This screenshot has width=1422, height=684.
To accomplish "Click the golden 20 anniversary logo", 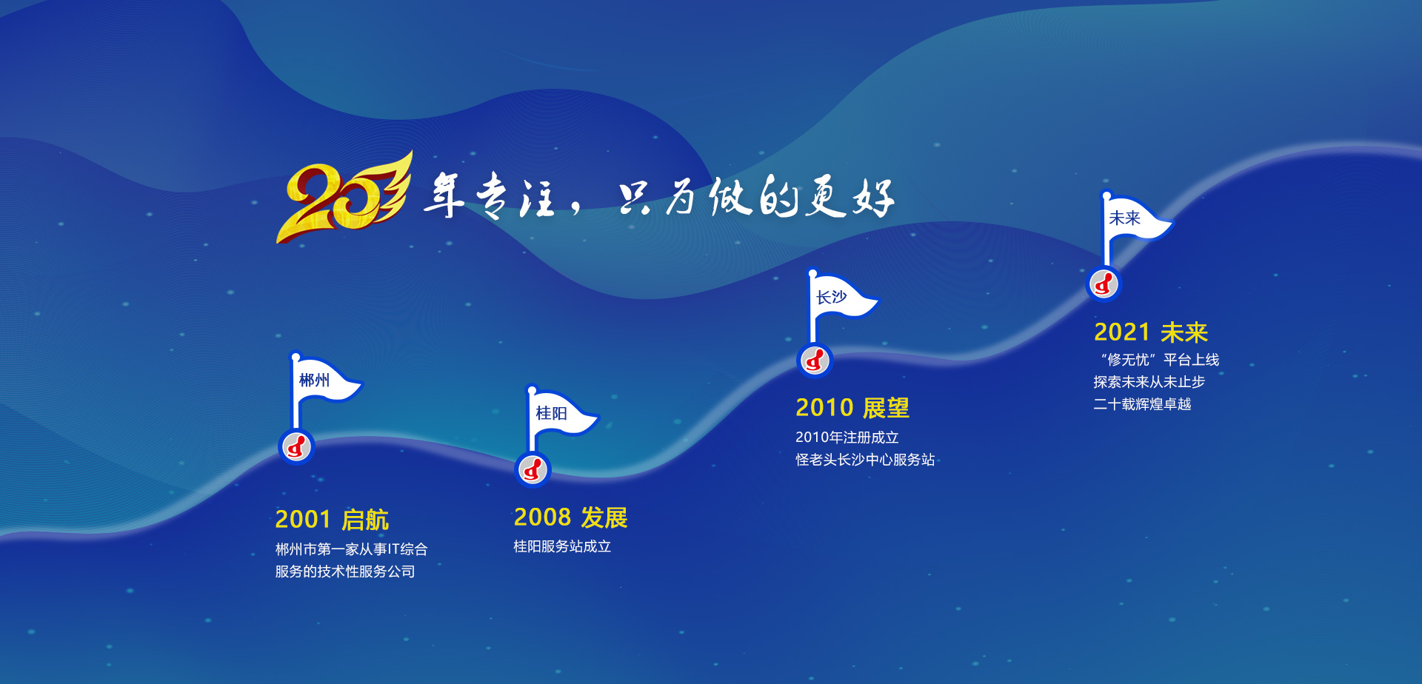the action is click(x=344, y=198).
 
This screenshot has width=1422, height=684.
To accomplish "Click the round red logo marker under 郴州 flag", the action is click(x=296, y=446).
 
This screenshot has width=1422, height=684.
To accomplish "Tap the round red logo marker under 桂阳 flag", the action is click(x=533, y=469).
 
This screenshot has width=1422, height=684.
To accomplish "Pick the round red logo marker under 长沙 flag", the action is click(x=815, y=361).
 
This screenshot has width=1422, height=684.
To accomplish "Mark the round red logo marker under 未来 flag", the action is click(x=1104, y=284).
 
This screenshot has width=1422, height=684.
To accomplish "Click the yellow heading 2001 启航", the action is click(x=332, y=520).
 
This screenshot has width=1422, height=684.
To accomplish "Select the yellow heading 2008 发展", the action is click(x=570, y=517).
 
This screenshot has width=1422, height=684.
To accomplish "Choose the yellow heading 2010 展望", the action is click(x=852, y=408).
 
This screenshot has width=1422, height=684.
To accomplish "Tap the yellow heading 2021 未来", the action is click(x=1151, y=332).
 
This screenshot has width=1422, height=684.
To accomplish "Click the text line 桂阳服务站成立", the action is click(x=562, y=546).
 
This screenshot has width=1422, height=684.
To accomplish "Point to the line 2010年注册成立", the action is click(x=847, y=437).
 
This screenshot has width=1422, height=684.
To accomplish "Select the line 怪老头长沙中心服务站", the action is click(x=865, y=460).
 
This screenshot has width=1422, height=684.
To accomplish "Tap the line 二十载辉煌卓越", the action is click(x=1143, y=404).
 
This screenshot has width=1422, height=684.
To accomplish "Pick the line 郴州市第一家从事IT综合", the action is click(x=351, y=549).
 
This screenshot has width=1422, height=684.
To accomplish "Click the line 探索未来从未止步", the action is click(x=1149, y=382).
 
